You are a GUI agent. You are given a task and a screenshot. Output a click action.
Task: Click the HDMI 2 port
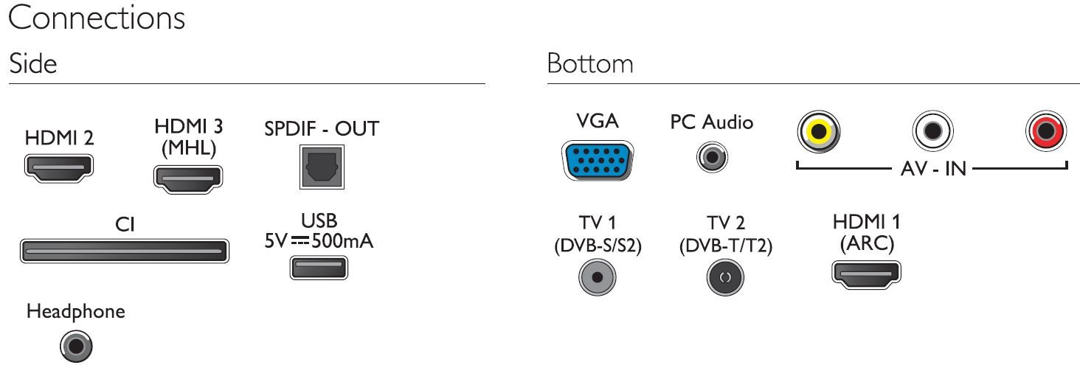[59, 168]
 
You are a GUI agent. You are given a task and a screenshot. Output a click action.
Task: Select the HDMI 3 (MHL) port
[188, 179]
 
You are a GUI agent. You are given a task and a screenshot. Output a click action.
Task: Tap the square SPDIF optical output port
[322, 167]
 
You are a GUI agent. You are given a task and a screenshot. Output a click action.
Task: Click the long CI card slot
[125, 251]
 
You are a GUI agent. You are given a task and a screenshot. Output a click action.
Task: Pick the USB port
[319, 268]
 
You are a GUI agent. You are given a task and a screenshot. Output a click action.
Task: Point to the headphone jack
[76, 346]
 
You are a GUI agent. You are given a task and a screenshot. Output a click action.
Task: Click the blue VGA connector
[598, 161]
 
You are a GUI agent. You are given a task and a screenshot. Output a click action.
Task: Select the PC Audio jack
[712, 157]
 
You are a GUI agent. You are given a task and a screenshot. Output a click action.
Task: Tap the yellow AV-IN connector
[819, 131]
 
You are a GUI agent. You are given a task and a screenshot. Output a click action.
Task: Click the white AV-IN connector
[932, 131]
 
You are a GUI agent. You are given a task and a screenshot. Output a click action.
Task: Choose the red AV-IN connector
[1046, 131]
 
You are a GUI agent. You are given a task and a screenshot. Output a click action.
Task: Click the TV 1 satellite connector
[598, 277]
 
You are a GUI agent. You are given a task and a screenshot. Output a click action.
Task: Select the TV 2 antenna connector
[725, 277]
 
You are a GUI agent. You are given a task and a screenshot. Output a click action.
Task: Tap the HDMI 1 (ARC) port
[866, 274]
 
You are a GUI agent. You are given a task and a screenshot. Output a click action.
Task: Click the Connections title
[97, 18]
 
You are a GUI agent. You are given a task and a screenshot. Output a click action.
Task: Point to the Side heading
[32, 63]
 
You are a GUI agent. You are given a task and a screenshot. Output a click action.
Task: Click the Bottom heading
[589, 63]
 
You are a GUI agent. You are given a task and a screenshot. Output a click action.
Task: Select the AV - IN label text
[933, 169]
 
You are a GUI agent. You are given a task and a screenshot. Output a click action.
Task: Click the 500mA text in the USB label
[342, 240]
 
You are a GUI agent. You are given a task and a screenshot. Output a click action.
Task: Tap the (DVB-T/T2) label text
[726, 246]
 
